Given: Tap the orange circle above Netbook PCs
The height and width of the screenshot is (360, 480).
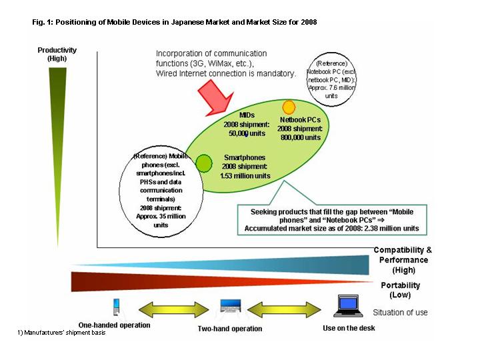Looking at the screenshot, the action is coord(289,107).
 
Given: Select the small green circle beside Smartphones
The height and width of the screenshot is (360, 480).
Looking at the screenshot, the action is coord(204,163).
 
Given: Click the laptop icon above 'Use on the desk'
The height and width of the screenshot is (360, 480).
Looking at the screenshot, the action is coord(348,305).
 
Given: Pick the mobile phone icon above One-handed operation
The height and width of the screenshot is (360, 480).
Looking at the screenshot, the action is coord(116,307).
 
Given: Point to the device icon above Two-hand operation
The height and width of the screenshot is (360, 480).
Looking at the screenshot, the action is coord(230,306).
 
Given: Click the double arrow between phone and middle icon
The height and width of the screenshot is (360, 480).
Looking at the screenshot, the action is coord(173,309).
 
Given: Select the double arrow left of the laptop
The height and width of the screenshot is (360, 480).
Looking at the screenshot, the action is coord(284,309).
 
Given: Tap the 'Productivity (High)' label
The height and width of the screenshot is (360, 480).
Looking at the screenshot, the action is coord(57,54).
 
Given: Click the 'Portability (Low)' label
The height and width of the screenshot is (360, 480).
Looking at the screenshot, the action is coord(401,290).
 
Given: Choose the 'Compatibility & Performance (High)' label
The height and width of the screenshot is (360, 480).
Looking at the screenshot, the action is coord(403,260).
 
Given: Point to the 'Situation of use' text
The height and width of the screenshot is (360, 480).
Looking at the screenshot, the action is coord(400,312).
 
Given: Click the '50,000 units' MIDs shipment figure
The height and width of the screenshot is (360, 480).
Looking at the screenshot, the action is coord(247,133).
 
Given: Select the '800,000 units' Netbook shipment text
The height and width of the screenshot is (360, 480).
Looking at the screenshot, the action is coord(301,137).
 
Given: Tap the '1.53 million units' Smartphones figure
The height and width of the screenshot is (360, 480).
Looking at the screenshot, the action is coord(245,176).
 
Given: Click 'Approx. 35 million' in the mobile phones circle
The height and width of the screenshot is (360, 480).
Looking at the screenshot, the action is coord(161,216).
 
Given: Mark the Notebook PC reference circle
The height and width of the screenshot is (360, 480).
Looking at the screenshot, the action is coord(331,79).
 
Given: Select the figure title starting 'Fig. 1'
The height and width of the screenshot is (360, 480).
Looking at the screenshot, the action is coord(175,22).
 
